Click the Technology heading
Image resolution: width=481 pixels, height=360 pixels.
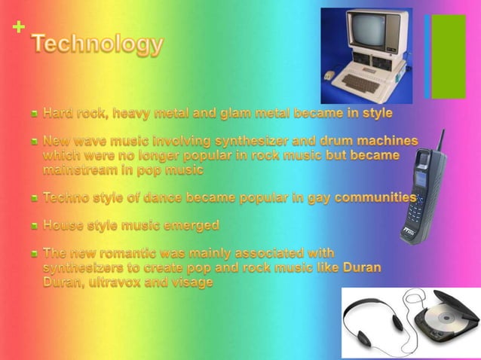[x=97, y=46]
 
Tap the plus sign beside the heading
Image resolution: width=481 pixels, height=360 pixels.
[x=19, y=28]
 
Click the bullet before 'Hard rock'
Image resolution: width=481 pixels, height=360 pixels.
[x=35, y=114]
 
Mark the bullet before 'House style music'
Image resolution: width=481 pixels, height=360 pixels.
[x=35, y=225]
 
